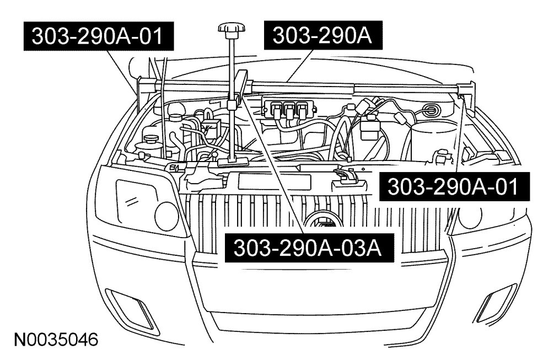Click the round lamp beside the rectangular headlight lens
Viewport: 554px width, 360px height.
pyautogui.click(x=166, y=216)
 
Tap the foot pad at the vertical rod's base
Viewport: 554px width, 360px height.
pyautogui.click(x=231, y=160)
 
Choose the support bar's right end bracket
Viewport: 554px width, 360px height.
pyautogui.click(x=466, y=88)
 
